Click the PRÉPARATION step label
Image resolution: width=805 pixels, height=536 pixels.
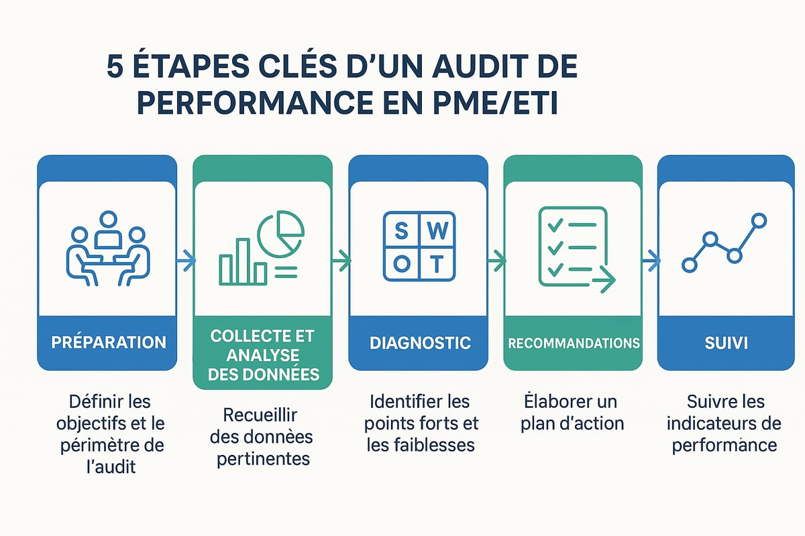(x=108, y=342)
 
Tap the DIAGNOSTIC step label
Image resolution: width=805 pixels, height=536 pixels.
(x=420, y=342)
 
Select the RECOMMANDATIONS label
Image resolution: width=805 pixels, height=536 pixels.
(x=573, y=343)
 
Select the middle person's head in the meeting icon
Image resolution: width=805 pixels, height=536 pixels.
(x=107, y=220)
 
